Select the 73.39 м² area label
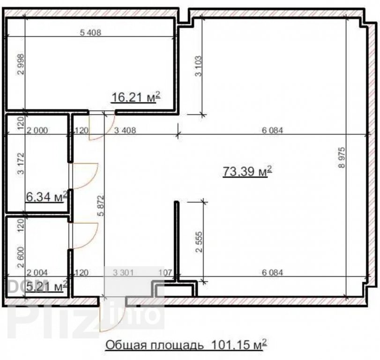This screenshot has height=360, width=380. [x=247, y=172]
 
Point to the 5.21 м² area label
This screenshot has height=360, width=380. [x=46, y=287]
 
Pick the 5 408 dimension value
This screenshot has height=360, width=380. [x=90, y=32]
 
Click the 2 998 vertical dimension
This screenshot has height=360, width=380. [x=22, y=64]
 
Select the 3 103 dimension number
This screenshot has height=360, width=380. [x=199, y=66]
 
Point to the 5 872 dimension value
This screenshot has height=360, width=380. [x=101, y=206]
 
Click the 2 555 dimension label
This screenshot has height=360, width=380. [x=199, y=242]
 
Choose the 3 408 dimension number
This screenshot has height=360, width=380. [x=125, y=131]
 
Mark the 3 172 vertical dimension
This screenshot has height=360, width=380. [x=21, y=164]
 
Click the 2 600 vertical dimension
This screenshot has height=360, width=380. [x=21, y=257]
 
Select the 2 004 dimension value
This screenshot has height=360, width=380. [x=37, y=273]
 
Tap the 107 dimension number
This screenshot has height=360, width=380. [x=165, y=273]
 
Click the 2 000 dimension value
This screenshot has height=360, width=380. [x=37, y=131]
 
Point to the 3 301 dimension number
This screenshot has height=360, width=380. [x=123, y=273]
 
